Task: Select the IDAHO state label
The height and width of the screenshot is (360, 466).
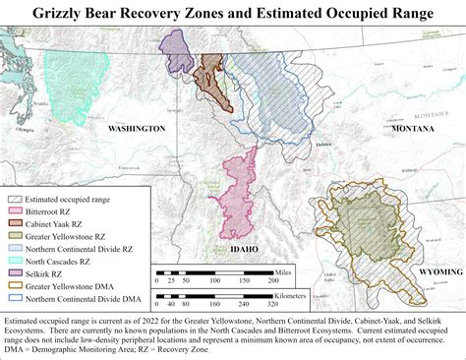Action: click(x=244, y=249)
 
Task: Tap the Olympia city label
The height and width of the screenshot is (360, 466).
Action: click(x=27, y=127)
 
